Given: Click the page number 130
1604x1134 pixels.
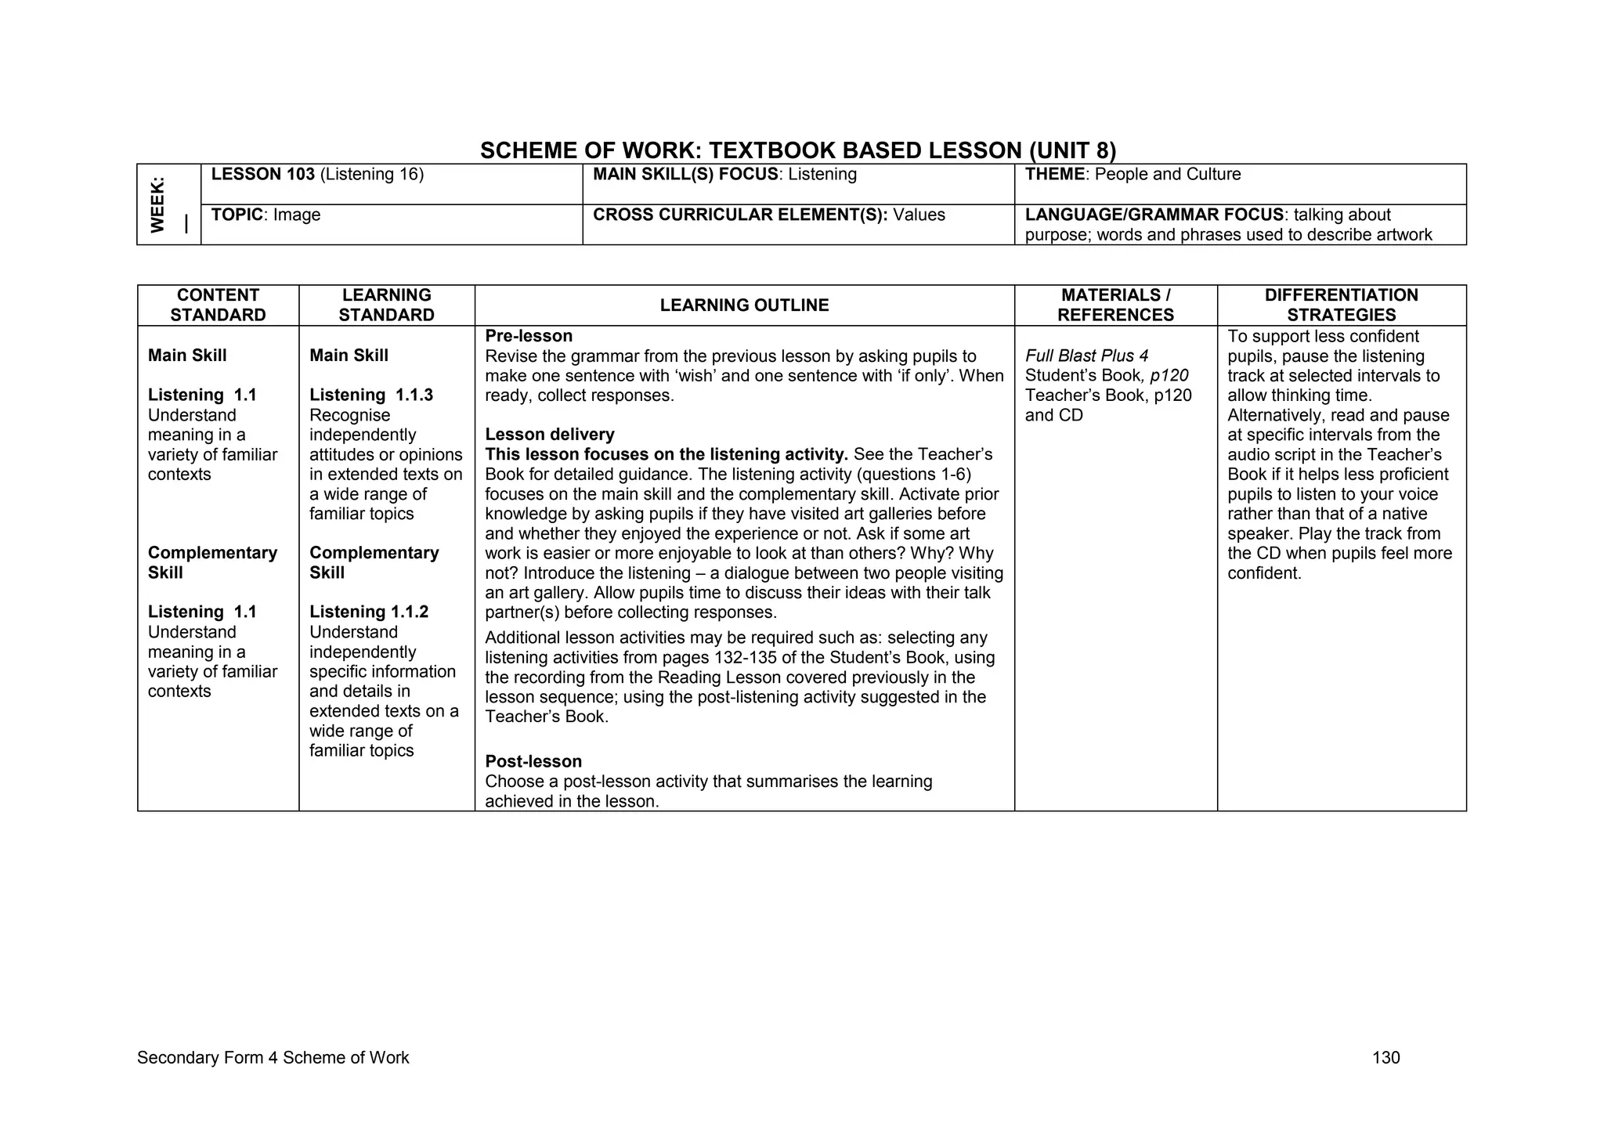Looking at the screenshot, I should (x=1385, y=1058).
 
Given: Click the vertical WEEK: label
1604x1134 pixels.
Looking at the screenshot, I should (x=158, y=204).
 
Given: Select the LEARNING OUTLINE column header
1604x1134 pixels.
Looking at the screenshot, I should (x=744, y=305).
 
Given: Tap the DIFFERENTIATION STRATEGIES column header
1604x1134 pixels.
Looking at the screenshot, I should (x=1341, y=305).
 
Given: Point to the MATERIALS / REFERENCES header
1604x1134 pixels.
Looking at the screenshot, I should (x=1115, y=305).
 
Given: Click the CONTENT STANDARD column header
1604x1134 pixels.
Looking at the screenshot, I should (x=218, y=305).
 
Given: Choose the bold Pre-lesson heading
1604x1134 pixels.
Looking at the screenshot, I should (x=529, y=336).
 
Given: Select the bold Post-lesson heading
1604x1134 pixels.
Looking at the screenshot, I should (x=533, y=761).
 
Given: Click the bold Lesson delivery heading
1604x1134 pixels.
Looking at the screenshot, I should (x=550, y=435).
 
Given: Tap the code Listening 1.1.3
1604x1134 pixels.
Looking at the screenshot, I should (x=371, y=395).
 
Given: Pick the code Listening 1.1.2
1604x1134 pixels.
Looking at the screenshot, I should (x=369, y=612).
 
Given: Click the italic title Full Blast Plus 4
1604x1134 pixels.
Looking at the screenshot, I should (x=1086, y=356).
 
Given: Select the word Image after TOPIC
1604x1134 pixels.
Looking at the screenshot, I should (x=297, y=215).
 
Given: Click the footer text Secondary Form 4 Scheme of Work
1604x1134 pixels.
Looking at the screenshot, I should (x=273, y=1058).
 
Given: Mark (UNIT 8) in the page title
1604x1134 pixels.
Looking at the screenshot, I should (x=1072, y=150).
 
